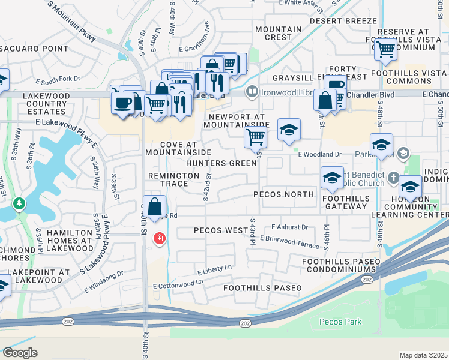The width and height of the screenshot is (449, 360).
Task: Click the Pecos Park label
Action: (x=340, y=322)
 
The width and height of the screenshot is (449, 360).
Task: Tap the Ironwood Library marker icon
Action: (x=252, y=91)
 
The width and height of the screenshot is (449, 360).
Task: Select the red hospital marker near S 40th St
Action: (x=159, y=238)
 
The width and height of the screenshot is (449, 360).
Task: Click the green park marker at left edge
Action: (x=19, y=204)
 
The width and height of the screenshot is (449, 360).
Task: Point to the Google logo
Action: (x=20, y=352)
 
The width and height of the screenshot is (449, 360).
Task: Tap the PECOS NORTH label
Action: (x=283, y=194)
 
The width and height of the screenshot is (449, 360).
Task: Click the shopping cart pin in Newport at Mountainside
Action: (x=255, y=137)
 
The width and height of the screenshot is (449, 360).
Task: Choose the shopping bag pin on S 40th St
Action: (x=154, y=206)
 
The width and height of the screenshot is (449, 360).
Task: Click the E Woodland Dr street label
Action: (x=319, y=154)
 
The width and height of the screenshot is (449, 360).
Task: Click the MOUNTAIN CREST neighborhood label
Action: (x=278, y=33)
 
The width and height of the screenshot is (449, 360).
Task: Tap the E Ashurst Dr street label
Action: (x=289, y=227)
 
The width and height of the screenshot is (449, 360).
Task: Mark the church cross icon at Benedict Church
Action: (x=393, y=177)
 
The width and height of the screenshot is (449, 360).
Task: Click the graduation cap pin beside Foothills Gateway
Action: (x=332, y=177)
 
